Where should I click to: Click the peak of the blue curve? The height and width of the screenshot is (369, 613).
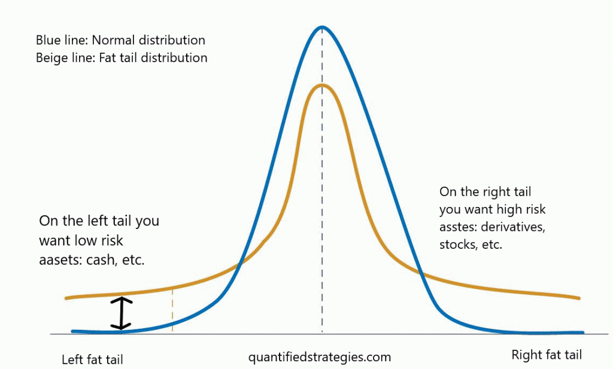point(322,28)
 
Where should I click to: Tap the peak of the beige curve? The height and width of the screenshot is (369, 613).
point(322,85)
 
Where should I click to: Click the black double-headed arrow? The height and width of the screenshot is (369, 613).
point(122,313)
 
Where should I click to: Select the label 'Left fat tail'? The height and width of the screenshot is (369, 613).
point(92,359)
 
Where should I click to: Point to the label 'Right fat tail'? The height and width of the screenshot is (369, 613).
point(547,355)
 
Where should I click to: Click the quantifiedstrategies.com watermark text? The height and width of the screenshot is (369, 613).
point(320,358)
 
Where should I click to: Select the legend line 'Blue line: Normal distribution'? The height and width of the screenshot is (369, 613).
point(120,41)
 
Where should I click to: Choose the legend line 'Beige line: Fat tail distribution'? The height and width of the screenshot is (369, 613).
point(122,58)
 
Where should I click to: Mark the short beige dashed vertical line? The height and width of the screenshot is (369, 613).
point(172,310)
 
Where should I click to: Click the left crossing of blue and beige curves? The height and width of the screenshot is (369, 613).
point(239,264)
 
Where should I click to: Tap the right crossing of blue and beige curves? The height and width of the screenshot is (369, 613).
point(421,275)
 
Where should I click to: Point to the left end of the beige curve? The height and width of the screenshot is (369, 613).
point(66,297)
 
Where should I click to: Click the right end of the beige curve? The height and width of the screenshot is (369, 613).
point(579,297)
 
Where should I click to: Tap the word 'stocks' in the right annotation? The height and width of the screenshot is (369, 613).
point(457,245)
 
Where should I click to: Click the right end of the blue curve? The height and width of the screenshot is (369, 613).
point(581,333)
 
